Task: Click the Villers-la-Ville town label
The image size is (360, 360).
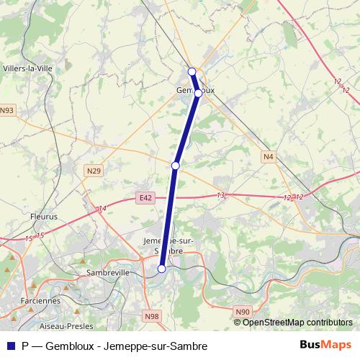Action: click(x=28, y=68)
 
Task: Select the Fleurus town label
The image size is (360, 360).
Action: click(x=44, y=215)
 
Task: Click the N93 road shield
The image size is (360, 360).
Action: click(x=7, y=110)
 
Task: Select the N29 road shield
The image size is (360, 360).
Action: click(x=93, y=171)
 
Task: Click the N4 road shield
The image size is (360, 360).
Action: click(x=268, y=156)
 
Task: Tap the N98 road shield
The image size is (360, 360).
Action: click(x=151, y=316)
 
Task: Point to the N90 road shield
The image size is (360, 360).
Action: click(x=242, y=311)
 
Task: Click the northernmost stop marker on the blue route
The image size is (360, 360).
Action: click(x=192, y=71)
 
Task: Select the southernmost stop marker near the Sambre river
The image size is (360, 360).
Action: click(x=162, y=269)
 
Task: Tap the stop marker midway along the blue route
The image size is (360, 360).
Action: click(x=176, y=166)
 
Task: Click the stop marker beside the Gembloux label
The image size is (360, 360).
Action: click(x=199, y=93)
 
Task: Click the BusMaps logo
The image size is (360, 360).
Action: click(x=325, y=345)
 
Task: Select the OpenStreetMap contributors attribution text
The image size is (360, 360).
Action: click(x=297, y=322)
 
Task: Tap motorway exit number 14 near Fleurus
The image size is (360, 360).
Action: click(x=103, y=208)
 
